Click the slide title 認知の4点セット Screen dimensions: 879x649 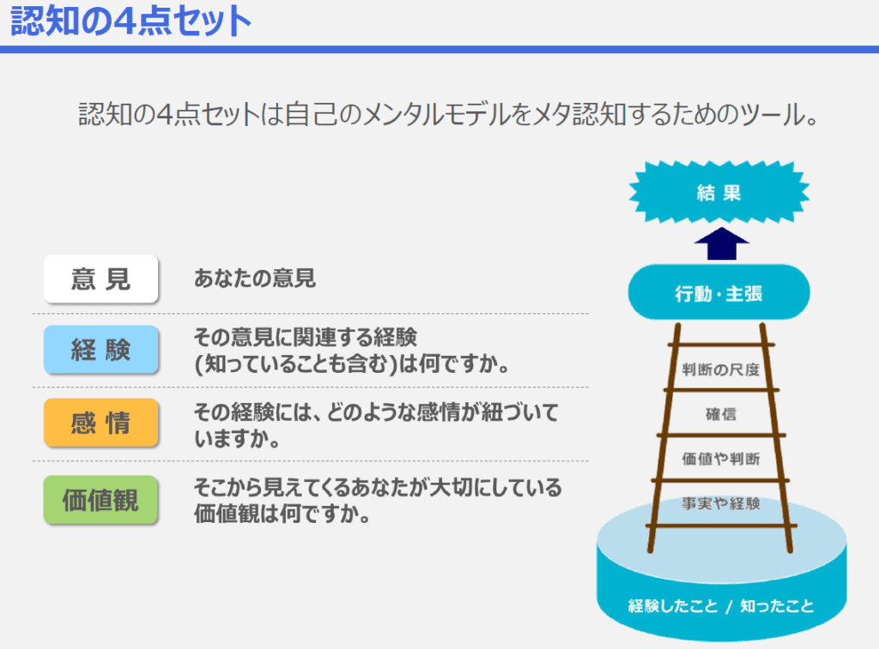pos(130,21)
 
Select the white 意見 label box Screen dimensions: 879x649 pos(101,279)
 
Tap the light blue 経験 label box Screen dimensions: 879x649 pos(101,350)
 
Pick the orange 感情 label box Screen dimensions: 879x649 pos(101,422)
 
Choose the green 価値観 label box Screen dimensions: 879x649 pos(101,500)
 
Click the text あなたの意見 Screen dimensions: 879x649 pos(254,279)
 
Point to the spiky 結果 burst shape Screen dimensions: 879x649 pos(718,193)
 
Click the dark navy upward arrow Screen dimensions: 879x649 pos(721,243)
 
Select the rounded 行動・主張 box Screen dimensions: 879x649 pos(718,292)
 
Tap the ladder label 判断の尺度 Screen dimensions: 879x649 pos(720,370)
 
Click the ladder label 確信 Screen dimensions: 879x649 pos(721,414)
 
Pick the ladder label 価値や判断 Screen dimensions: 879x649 pos(721,460)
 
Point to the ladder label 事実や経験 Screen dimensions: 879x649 pos(721,503)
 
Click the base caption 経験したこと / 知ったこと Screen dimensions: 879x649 pos(721,606)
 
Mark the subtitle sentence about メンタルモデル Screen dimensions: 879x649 pos(448,115)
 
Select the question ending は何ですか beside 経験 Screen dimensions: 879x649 pos(351,351)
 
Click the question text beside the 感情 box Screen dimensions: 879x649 pos(376,425)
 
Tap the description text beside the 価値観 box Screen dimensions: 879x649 pos(378,500)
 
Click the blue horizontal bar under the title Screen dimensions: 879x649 pos(439,49)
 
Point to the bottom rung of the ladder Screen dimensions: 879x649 pos(721,526)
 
